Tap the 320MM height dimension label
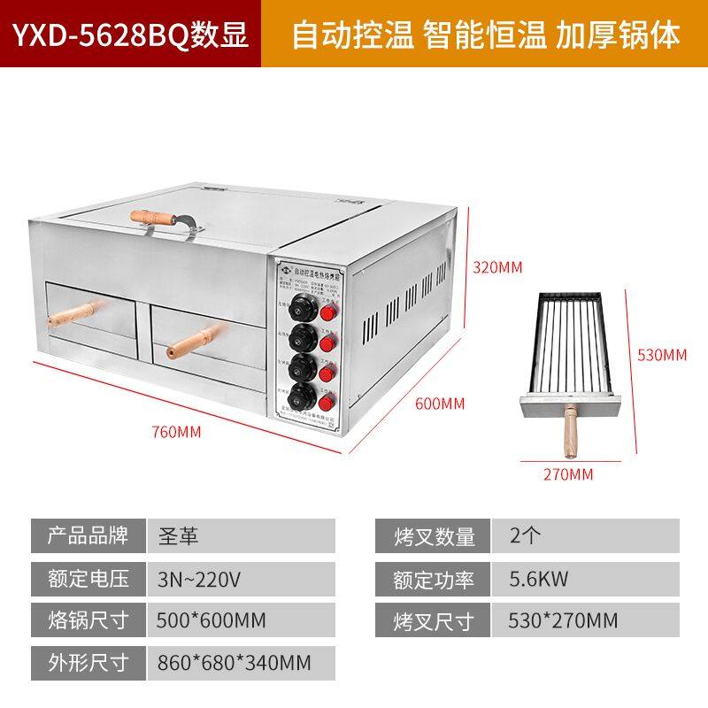coord(496,266)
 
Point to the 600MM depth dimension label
coord(440,404)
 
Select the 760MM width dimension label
coord(177,432)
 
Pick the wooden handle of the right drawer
coord(196,337)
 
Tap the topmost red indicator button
coord(329,313)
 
